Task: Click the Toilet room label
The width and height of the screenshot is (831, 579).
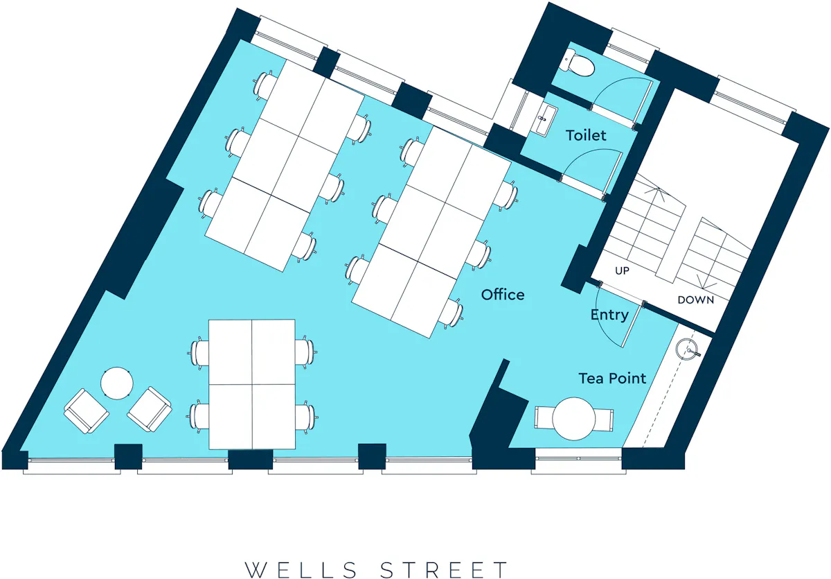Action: coord(586,135)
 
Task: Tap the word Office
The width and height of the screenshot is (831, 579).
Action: coord(503,295)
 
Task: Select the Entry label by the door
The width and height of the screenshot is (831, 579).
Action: coord(609,315)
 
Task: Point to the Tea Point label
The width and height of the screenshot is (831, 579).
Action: coord(612,379)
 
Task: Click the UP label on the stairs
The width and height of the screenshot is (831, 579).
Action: coord(622,270)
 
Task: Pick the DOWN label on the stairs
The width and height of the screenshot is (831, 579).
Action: coord(695,300)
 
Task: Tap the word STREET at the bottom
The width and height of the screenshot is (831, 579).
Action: coord(444,570)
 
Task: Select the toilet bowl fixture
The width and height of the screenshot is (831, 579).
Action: coord(579,64)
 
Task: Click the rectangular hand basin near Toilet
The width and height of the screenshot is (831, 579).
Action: coord(545,119)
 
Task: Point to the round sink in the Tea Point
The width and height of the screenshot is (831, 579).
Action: coord(687,349)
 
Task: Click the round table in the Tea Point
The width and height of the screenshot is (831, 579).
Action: coord(574,419)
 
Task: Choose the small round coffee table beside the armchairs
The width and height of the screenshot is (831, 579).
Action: coord(117,383)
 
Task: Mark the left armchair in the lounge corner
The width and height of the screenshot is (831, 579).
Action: coord(86,411)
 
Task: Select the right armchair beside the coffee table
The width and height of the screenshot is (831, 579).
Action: coord(150,409)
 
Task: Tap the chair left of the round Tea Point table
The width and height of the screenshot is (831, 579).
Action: coord(544,418)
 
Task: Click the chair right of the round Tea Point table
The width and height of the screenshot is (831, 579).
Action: coord(604,420)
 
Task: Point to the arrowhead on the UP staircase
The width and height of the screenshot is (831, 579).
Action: coord(657,191)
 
